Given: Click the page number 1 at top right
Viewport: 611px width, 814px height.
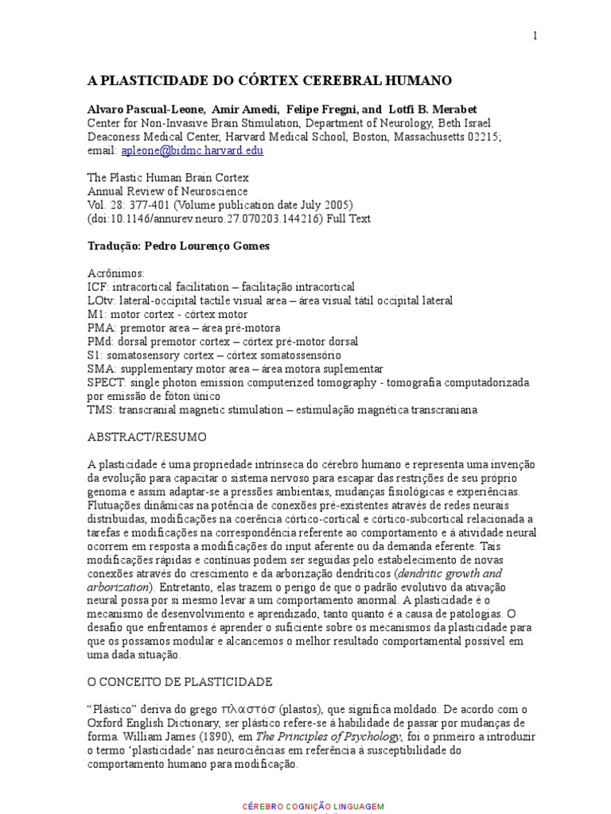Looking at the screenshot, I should pos(535,36).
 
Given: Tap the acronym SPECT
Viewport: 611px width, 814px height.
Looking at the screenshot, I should pos(104,382).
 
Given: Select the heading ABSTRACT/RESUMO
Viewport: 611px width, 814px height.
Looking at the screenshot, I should pos(147,437).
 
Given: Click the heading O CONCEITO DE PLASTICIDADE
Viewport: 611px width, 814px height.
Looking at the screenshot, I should pos(180,682).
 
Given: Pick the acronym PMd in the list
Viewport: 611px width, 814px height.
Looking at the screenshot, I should pos(99,342).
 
